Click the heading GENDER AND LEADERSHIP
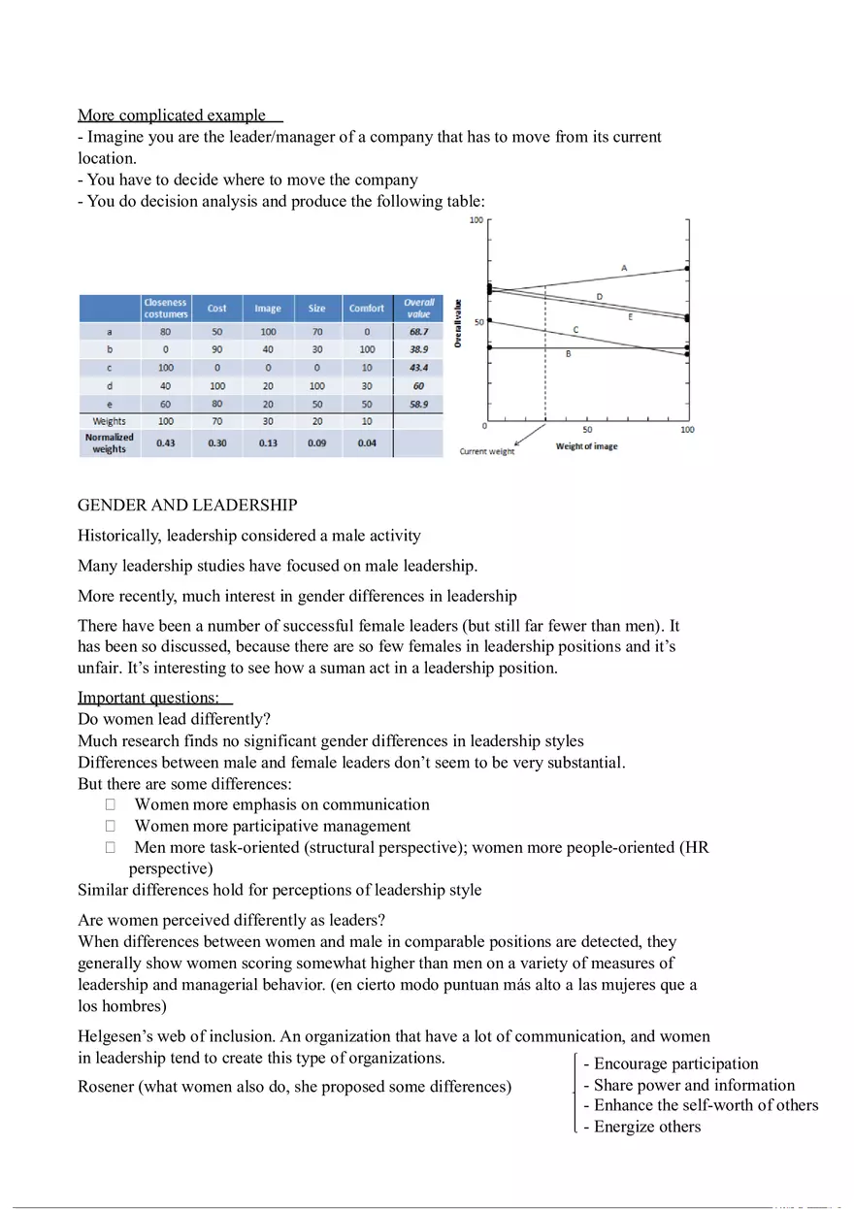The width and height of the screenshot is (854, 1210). point(187,506)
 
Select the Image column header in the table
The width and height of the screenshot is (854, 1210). point(268,309)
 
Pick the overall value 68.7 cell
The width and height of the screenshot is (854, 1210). point(418,332)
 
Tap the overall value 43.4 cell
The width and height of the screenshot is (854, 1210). point(418,368)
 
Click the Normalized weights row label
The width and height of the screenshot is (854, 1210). point(109,443)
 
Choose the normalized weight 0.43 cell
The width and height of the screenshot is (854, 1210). point(166,443)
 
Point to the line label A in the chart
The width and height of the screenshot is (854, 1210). point(624,267)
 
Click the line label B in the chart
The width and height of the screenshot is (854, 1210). point(568,355)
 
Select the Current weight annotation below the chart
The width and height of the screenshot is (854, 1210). point(487,451)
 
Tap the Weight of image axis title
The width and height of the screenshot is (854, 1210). point(586,446)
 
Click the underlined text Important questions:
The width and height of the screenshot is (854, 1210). point(148,698)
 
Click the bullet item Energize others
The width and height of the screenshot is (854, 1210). point(646,1127)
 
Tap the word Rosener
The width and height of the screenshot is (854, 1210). point(106,1087)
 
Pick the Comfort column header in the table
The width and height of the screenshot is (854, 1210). point(367,309)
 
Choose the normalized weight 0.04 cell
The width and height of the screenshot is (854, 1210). point(367,443)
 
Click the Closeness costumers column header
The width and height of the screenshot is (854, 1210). point(166,309)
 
